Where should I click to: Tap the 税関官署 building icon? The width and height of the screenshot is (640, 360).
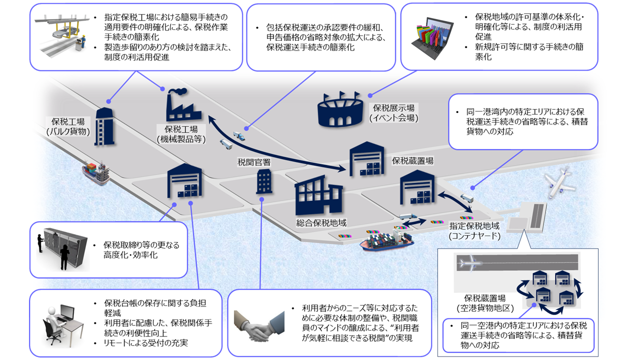pyautogui.click(x=263, y=181)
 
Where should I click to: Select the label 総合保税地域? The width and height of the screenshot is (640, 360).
pyautogui.click(x=321, y=223)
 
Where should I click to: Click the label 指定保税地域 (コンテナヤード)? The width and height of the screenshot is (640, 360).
pyautogui.click(x=474, y=230)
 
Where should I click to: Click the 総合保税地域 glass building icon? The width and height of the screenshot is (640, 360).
pyautogui.click(x=317, y=196)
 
